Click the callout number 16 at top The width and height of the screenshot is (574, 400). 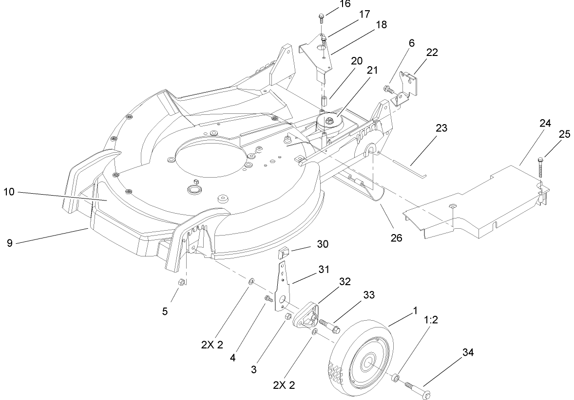click(331, 4)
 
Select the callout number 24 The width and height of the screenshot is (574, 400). click(545, 124)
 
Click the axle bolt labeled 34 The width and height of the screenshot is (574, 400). click(417, 389)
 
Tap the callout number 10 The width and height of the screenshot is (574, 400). click(10, 193)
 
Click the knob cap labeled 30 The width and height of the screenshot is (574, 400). click(284, 254)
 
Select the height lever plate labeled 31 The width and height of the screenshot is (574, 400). click(283, 287)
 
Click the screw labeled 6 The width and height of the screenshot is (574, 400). click(388, 89)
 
